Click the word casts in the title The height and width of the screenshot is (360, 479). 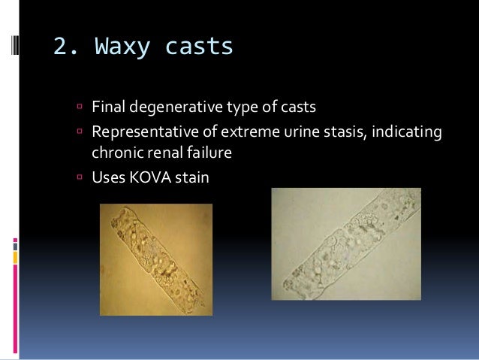point(197,47)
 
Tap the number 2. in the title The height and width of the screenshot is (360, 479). point(65,47)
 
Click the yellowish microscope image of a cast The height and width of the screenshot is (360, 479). point(156,259)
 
